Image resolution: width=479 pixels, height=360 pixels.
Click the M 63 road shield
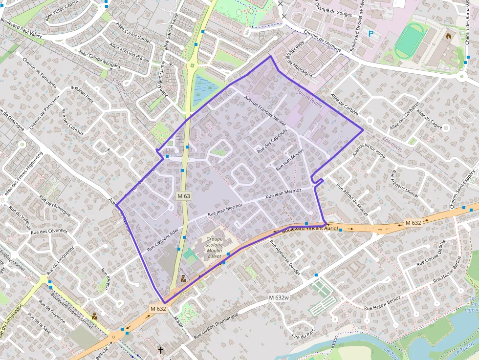(x=184, y=195)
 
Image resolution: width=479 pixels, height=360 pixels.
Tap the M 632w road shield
(x=279, y=297)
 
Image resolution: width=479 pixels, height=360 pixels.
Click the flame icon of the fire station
(x=448, y=36)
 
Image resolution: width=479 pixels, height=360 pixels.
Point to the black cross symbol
(x=161, y=350)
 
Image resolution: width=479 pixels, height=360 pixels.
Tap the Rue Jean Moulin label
(x=290, y=159)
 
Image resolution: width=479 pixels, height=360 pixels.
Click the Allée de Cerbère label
(x=345, y=105)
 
